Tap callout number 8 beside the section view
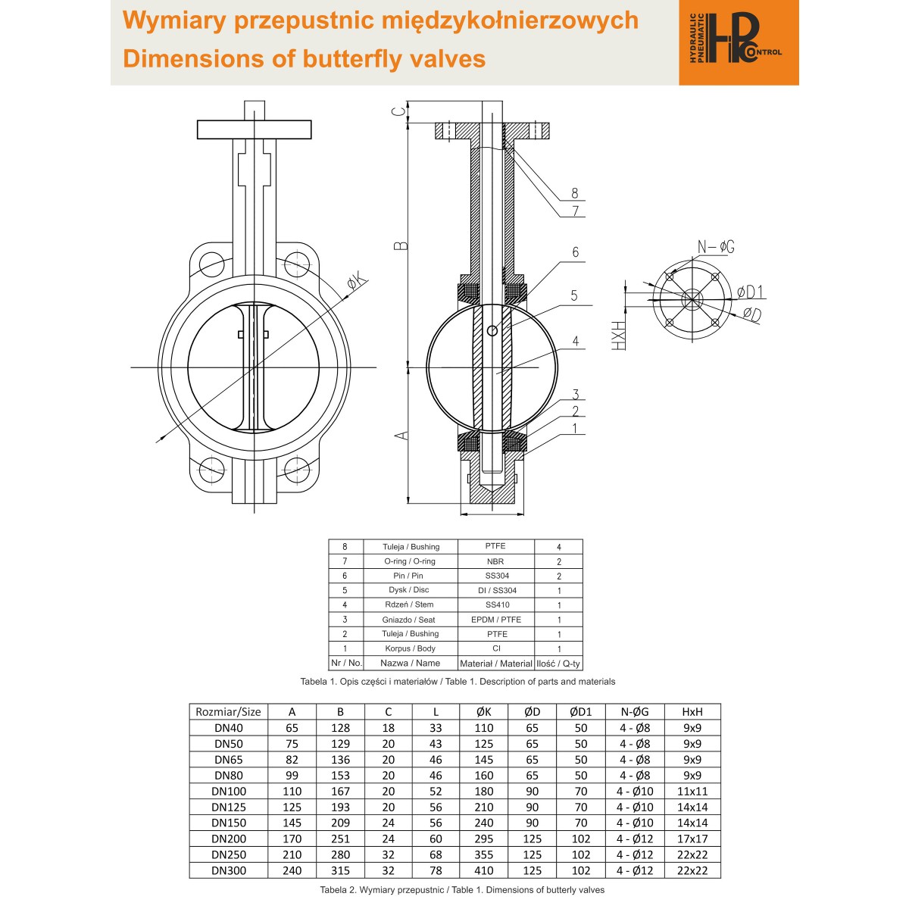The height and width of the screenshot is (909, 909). pyautogui.click(x=574, y=193)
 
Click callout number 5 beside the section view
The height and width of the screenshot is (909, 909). pyautogui.click(x=574, y=295)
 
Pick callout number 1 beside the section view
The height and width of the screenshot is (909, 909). pyautogui.click(x=574, y=428)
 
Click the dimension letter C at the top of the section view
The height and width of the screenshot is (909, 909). pyautogui.click(x=399, y=112)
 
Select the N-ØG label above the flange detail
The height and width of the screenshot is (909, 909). pyautogui.click(x=716, y=246)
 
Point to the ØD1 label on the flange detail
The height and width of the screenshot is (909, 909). pyautogui.click(x=750, y=292)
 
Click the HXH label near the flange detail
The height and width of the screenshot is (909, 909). pyautogui.click(x=618, y=336)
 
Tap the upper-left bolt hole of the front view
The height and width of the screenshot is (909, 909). pyautogui.click(x=212, y=264)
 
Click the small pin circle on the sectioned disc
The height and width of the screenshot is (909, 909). pyautogui.click(x=492, y=331)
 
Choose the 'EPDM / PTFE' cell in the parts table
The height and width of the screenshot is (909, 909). pyautogui.click(x=495, y=620)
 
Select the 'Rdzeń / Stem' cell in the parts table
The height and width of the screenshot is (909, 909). pyautogui.click(x=411, y=604)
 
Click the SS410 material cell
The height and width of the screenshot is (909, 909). pyautogui.click(x=497, y=604)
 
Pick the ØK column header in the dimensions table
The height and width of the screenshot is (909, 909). pyautogui.click(x=484, y=712)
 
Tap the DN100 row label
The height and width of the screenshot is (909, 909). pyautogui.click(x=229, y=791)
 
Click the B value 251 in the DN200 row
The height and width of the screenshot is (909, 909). pyautogui.click(x=340, y=839)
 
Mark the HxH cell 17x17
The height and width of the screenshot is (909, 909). pyautogui.click(x=692, y=839)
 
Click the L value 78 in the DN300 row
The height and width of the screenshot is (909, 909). pyautogui.click(x=436, y=870)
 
